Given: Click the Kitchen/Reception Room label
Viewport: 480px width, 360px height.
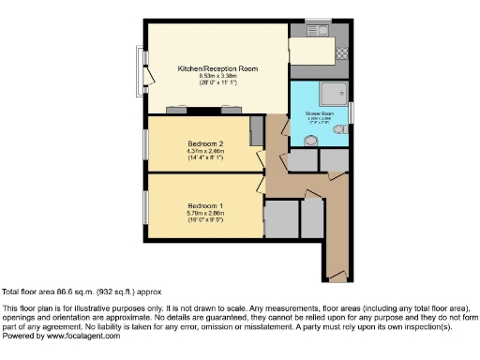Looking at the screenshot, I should (218, 69).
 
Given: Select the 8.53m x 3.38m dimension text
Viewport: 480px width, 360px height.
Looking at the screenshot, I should (218, 77).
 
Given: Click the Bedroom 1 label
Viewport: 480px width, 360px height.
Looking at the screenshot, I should (205, 205).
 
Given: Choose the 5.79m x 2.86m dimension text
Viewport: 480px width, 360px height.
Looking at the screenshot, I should (205, 213).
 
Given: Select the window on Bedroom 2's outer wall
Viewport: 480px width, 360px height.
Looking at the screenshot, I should (145, 144).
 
